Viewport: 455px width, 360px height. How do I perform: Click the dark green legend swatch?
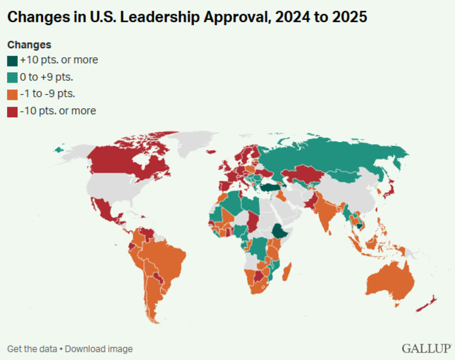[x=12, y=61]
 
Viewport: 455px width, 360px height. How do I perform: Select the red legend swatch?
[x=12, y=112]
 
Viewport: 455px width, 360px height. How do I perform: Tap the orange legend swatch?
[x=12, y=95]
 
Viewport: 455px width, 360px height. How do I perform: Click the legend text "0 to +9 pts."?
[x=46, y=77]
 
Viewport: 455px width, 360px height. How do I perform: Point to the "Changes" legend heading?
[x=29, y=45]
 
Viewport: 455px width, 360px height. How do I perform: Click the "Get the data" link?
[x=32, y=349]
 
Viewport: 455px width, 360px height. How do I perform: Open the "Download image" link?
[x=99, y=349]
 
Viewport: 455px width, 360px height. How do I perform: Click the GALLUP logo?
[x=427, y=348]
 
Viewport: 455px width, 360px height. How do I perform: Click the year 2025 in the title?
[x=350, y=17]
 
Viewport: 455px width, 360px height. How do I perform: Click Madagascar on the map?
[x=287, y=272]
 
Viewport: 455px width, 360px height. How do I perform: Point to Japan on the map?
[x=389, y=189]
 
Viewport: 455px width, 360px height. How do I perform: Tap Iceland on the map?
[x=211, y=152]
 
